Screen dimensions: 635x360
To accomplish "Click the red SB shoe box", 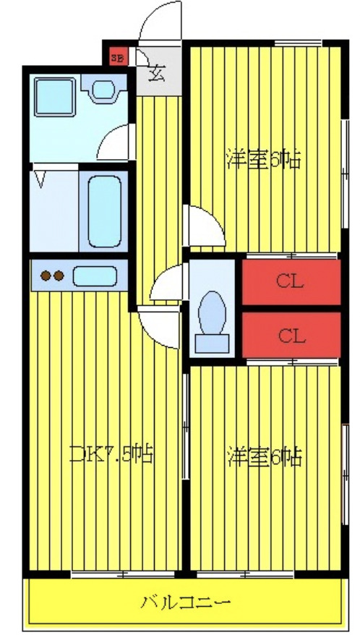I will [116, 54].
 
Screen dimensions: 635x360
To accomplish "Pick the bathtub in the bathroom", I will [103, 210].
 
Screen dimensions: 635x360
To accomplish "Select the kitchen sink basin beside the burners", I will [95, 276].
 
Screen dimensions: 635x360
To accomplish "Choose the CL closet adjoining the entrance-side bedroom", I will [290, 281].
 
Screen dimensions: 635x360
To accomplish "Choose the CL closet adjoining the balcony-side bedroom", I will [290, 336].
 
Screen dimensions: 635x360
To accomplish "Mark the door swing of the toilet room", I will [168, 284].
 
